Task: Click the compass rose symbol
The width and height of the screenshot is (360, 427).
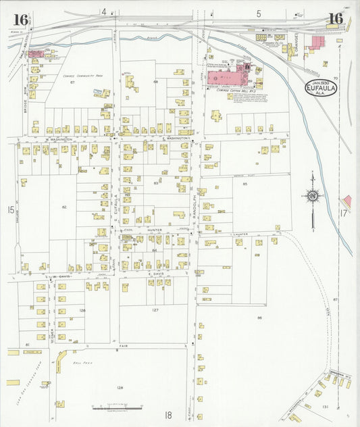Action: click(x=313, y=197)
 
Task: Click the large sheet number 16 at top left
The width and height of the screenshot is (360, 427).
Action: click(x=20, y=19)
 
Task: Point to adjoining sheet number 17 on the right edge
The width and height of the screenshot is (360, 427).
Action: click(x=343, y=213)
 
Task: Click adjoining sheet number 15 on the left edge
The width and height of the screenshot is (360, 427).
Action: click(x=11, y=211)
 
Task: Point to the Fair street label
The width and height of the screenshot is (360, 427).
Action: click(x=124, y=345)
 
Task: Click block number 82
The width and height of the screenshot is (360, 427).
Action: click(x=64, y=205)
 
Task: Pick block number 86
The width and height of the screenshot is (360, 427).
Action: click(x=259, y=317)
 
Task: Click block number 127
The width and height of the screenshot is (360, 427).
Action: click(x=155, y=310)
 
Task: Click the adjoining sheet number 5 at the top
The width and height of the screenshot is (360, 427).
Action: click(x=259, y=13)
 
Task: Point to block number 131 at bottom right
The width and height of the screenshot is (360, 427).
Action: click(x=326, y=406)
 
